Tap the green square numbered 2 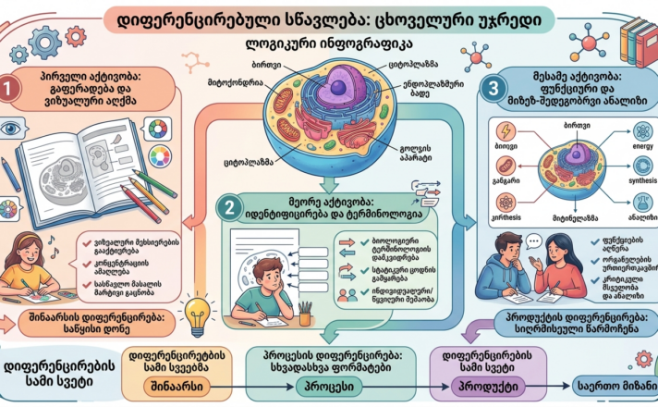[x=227, y=205]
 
